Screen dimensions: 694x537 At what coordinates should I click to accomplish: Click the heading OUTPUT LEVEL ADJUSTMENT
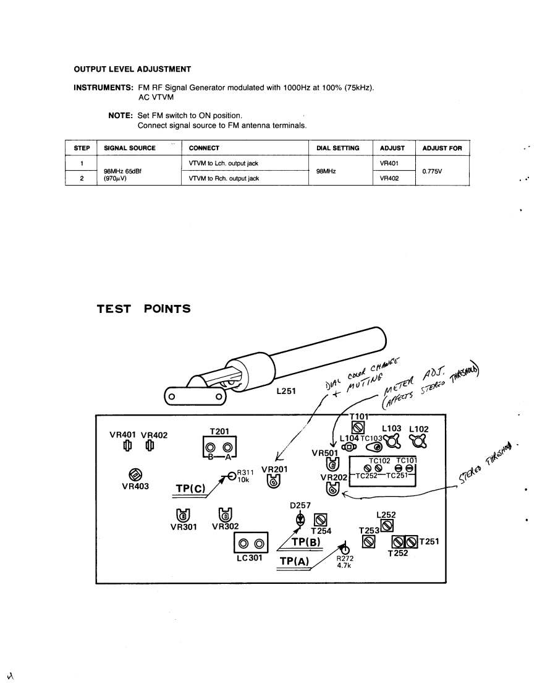point(132,69)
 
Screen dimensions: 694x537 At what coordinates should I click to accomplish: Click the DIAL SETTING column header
point(337,148)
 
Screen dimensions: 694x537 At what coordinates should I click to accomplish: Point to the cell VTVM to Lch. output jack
point(222,163)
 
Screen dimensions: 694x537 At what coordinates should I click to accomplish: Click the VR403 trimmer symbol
point(133,474)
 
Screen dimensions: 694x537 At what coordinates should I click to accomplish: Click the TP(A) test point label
point(294,561)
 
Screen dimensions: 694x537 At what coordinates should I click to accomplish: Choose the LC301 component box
point(250,544)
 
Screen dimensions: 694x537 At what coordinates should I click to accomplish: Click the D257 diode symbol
point(300,519)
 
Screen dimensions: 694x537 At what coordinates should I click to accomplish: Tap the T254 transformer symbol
point(320,520)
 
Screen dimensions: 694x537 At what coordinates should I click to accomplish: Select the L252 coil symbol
point(387,525)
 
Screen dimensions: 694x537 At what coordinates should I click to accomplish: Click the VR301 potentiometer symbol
point(182,515)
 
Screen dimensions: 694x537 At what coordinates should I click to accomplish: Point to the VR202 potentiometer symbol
point(332,489)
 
